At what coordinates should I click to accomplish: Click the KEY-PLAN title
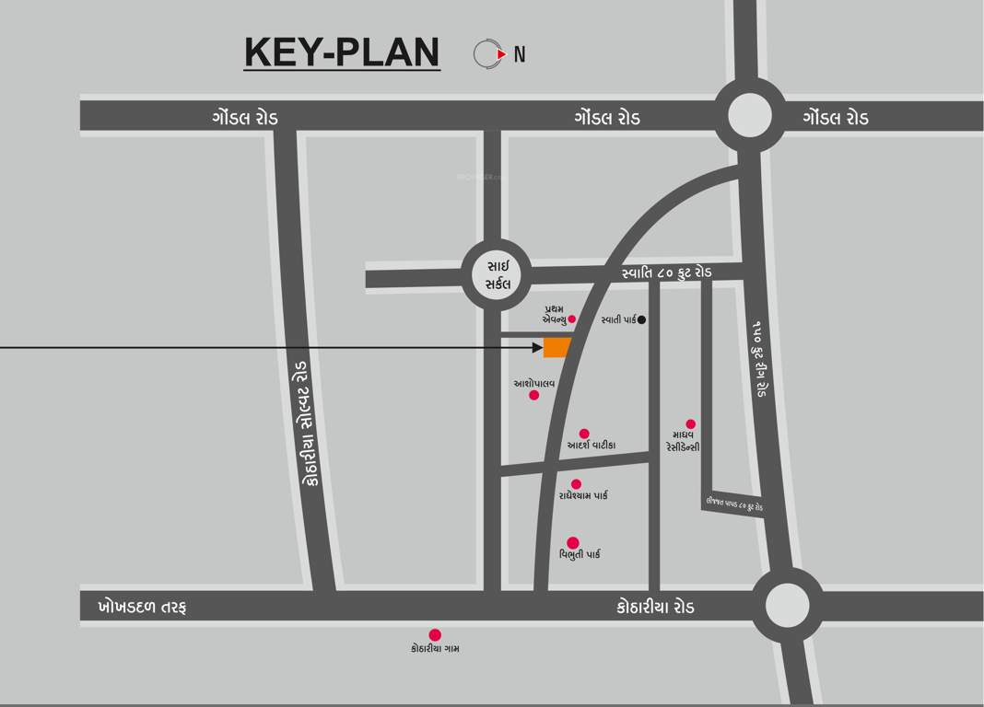(x=342, y=52)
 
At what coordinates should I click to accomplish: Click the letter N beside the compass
(x=520, y=54)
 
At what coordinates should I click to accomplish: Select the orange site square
(x=557, y=347)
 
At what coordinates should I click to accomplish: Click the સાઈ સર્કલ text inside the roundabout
(x=498, y=275)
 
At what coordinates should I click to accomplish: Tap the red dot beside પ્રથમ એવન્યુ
(x=571, y=319)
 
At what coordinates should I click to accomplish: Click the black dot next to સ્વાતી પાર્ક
(x=642, y=320)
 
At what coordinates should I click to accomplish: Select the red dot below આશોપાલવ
(x=533, y=395)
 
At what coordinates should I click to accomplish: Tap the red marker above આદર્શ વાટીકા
(x=584, y=434)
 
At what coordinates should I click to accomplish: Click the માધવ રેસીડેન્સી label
(x=682, y=440)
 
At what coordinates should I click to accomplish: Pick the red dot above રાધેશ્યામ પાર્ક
(x=576, y=484)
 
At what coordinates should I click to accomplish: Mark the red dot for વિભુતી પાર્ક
(x=573, y=543)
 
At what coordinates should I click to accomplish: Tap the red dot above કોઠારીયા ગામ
(x=435, y=635)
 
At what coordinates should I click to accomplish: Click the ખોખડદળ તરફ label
(x=142, y=608)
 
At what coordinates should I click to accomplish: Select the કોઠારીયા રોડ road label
(x=655, y=608)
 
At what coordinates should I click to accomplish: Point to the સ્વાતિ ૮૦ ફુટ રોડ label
(x=666, y=273)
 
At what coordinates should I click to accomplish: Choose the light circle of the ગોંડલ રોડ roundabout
(x=749, y=116)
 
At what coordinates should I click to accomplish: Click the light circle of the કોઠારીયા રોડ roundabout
(x=787, y=606)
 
